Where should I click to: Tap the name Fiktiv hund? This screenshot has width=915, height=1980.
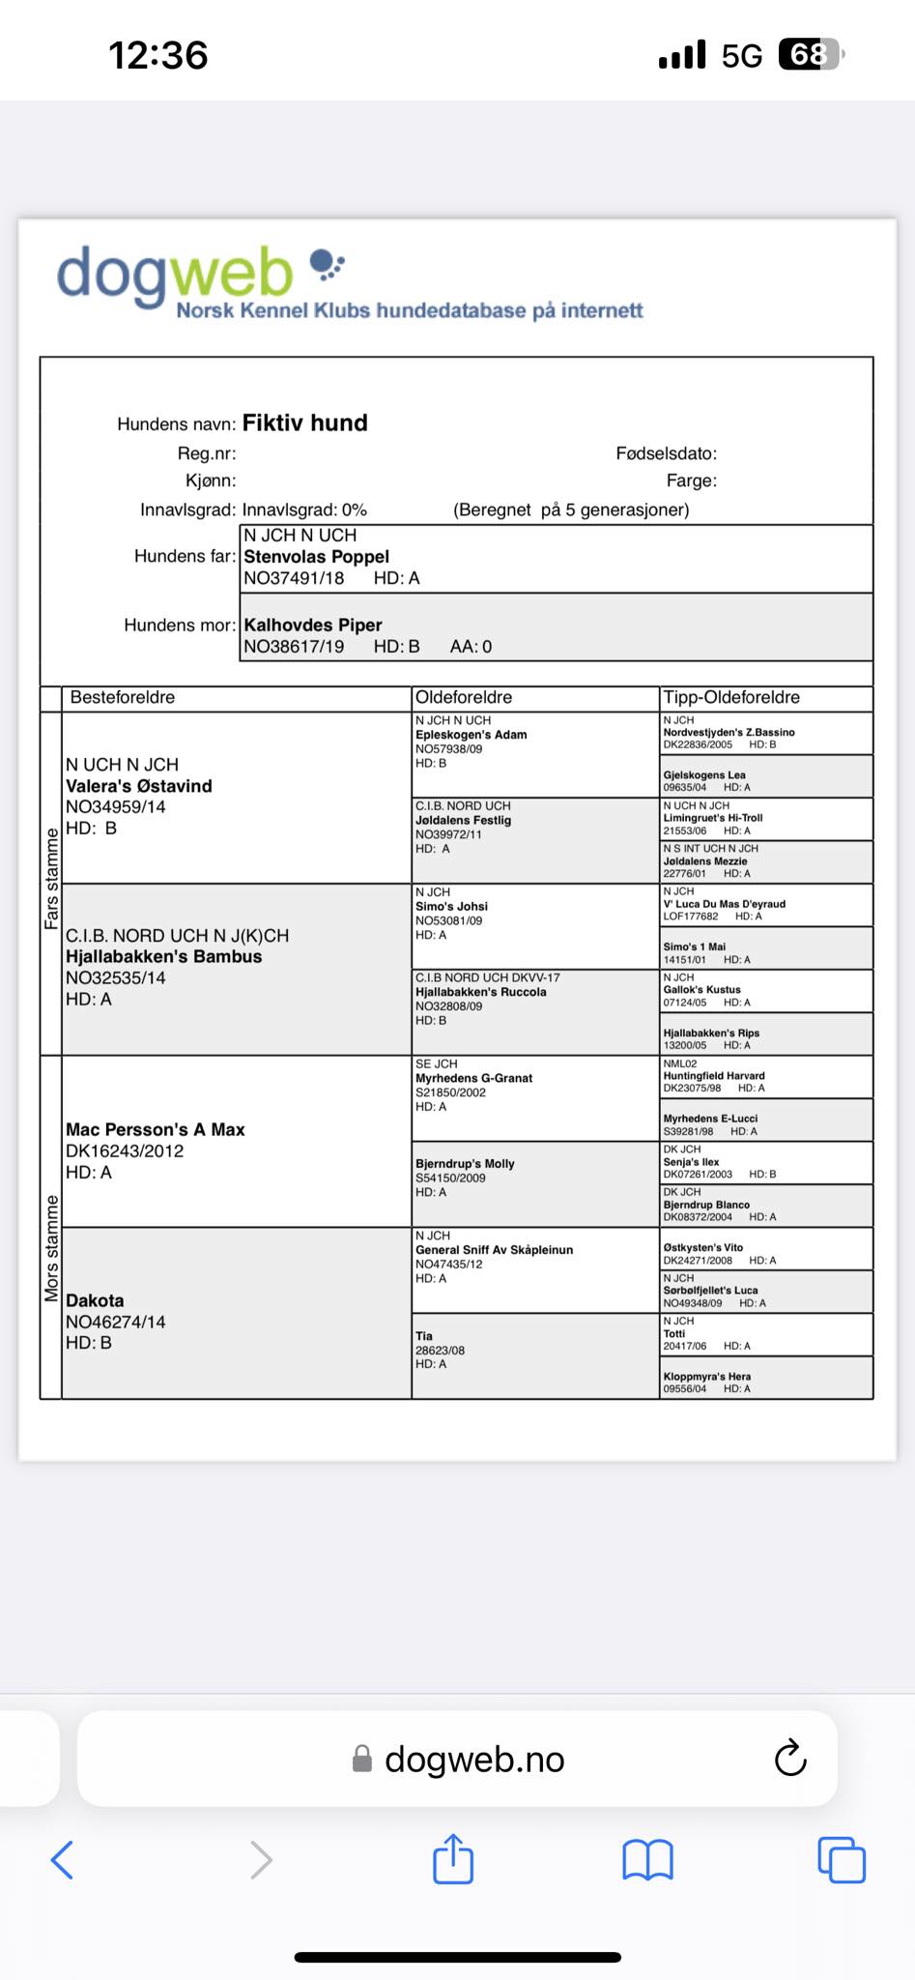pyautogui.click(x=304, y=423)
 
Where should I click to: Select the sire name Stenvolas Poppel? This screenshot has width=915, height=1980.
pyautogui.click(x=316, y=557)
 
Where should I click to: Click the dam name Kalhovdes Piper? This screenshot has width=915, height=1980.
pyautogui.click(x=312, y=626)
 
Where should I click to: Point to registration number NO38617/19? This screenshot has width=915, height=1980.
pyautogui.click(x=294, y=647)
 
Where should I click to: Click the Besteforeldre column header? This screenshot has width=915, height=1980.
pyautogui.click(x=123, y=698)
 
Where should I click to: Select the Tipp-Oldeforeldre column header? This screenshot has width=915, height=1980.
pyautogui.click(x=731, y=698)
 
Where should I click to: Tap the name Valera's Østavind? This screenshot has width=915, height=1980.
pyautogui.click(x=138, y=786)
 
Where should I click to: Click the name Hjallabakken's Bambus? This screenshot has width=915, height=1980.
pyautogui.click(x=163, y=957)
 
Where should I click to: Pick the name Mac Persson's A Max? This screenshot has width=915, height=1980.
pyautogui.click(x=155, y=1130)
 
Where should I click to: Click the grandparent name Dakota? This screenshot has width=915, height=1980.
pyautogui.click(x=95, y=1301)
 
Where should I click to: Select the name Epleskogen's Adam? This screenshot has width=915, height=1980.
pyautogui.click(x=471, y=735)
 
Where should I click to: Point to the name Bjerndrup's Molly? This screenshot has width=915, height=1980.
pyautogui.click(x=465, y=1164)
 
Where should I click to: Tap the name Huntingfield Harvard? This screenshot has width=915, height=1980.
pyautogui.click(x=713, y=1076)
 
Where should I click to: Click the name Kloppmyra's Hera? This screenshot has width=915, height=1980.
pyautogui.click(x=706, y=1377)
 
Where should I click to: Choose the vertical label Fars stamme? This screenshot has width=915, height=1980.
pyautogui.click(x=51, y=880)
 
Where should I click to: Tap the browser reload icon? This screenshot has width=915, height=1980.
pyautogui.click(x=790, y=1759)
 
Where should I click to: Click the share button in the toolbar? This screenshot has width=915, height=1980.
pyautogui.click(x=453, y=1859)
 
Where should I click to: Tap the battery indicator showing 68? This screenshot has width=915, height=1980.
pyautogui.click(x=811, y=55)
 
